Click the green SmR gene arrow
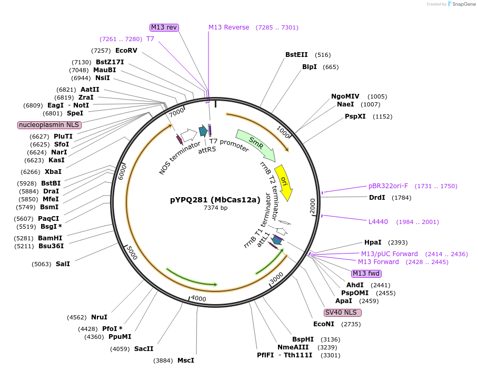point(256,145)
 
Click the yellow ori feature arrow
point(284,182)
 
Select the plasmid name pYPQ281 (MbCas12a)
point(215,200)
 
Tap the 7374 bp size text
point(215,208)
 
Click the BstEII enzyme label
point(296,55)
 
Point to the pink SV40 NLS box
point(343,313)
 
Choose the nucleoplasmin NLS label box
point(49,125)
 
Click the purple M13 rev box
point(164,27)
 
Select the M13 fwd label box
point(366,274)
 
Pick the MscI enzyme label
point(186,361)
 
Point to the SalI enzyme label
point(63,264)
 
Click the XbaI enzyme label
point(53,172)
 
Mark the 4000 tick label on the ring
point(198,298)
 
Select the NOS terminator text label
point(180,158)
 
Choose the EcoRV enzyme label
point(126,51)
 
